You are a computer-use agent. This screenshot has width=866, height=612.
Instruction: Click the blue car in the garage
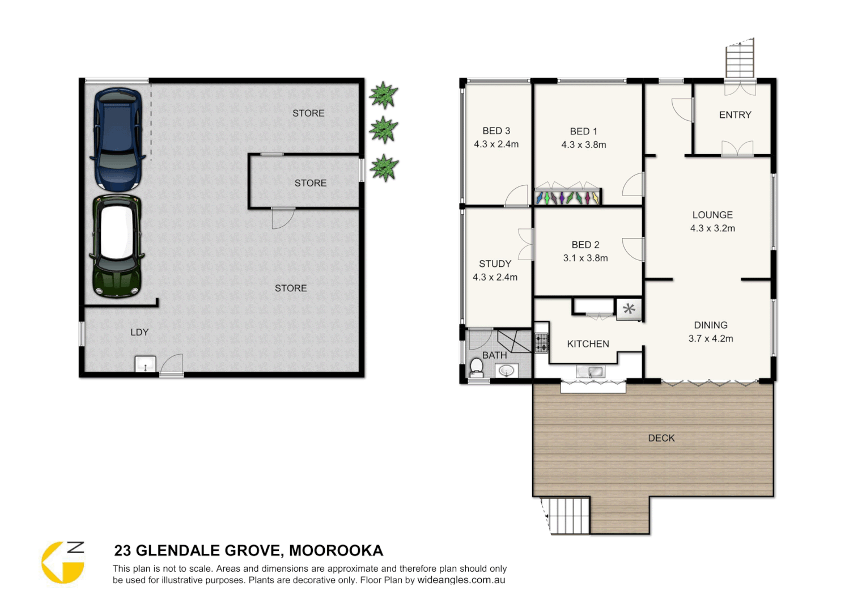[x=117, y=139]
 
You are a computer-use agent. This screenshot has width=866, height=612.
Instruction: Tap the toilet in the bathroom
[x=477, y=368]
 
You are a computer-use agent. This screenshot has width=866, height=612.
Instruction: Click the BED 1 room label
[x=583, y=131]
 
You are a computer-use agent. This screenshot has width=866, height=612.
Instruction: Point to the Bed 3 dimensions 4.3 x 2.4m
[x=496, y=144]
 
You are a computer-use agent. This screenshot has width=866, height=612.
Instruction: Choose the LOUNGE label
[x=712, y=215]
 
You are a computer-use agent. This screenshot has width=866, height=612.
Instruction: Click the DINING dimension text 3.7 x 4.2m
[x=711, y=339]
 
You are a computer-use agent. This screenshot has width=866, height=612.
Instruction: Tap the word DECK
[x=661, y=438]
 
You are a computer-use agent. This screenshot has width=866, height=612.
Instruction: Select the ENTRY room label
[x=735, y=115]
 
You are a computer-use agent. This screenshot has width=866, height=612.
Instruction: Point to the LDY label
[x=139, y=332]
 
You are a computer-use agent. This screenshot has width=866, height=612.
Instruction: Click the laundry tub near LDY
[x=145, y=364]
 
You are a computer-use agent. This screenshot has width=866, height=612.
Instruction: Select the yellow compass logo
[x=62, y=563]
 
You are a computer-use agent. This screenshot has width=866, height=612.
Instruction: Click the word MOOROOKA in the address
[x=336, y=551]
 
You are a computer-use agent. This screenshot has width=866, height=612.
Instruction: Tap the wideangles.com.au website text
[x=461, y=580]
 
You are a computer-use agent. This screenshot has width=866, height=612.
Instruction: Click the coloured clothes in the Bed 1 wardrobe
[x=567, y=198]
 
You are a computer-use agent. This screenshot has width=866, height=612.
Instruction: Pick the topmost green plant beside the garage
[x=384, y=95]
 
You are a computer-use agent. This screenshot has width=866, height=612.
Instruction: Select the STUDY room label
[x=495, y=263]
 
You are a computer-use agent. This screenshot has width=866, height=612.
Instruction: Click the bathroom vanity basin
[x=506, y=371]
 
